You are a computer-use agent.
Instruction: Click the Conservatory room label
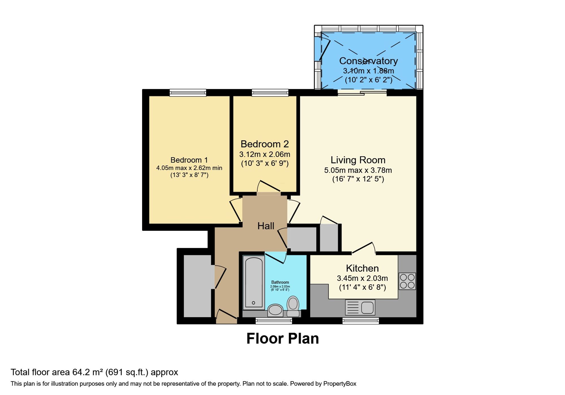[x=368, y=61]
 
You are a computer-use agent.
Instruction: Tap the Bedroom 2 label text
[x=264, y=144]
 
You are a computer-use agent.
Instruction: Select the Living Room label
[x=358, y=160]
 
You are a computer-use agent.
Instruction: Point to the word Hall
[x=266, y=226]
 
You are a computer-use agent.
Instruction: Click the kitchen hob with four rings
[x=407, y=281]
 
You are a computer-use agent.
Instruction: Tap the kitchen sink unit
[x=360, y=307]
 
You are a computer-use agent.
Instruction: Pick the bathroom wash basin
[x=275, y=310]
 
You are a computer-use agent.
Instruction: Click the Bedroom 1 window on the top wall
[x=188, y=93]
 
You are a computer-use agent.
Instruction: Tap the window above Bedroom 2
[x=270, y=93]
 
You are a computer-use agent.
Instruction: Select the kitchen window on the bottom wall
[x=360, y=321]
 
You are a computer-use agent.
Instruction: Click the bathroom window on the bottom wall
[x=274, y=321]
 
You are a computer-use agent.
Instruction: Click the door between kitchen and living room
[x=364, y=248]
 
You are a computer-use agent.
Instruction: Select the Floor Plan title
[x=282, y=339]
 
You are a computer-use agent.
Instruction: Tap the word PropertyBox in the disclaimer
[x=340, y=384]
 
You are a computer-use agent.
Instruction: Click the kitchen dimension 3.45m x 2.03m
[x=362, y=278]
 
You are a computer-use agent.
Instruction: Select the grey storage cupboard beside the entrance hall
[x=197, y=286]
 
